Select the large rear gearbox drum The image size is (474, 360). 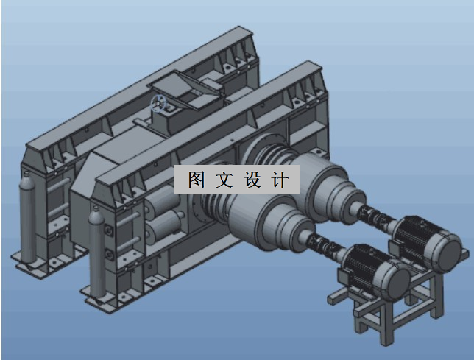point(324,184)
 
